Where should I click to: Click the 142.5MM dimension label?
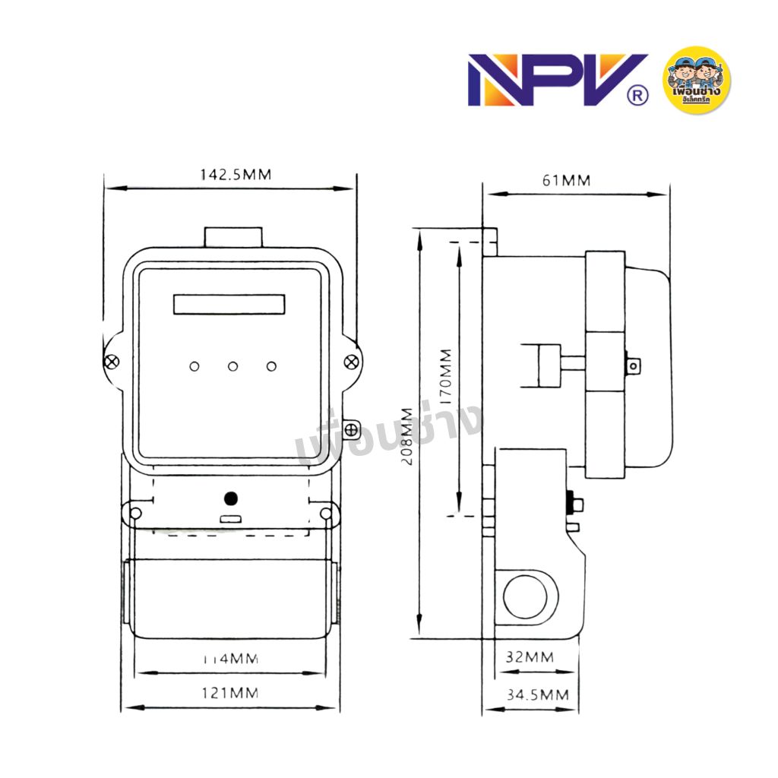(235, 174)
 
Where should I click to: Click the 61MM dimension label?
(566, 180)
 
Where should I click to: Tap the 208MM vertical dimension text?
(408, 437)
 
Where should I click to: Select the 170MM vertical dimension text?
(444, 376)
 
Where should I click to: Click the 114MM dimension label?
(232, 658)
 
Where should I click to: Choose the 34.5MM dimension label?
(537, 694)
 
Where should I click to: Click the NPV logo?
(547, 80)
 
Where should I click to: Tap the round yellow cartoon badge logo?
(697, 80)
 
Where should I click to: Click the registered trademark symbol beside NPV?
(638, 96)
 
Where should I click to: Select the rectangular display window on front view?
(229, 305)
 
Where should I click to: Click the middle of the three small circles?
(232, 367)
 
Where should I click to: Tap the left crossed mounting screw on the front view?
(112, 362)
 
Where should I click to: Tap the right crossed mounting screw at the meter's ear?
(351, 362)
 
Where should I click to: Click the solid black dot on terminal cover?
(231, 499)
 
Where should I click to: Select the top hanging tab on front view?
(232, 237)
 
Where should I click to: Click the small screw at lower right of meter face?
(352, 430)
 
